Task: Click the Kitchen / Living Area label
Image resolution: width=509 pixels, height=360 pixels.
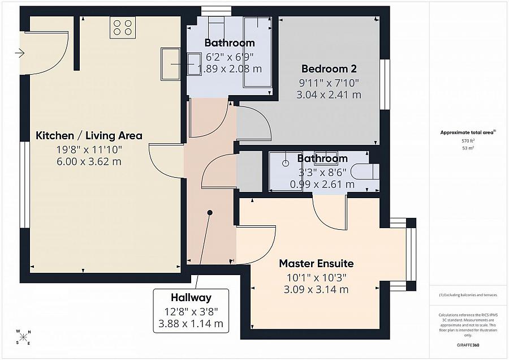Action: pos(89,135)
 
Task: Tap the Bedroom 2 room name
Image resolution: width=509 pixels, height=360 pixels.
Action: pos(329,68)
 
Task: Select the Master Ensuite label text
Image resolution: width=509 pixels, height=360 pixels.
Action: pos(316,263)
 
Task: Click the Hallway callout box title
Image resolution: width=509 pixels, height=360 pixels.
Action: pos(191,297)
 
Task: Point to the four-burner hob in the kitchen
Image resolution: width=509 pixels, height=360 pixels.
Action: pos(123,28)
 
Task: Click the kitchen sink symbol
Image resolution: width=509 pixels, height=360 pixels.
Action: pos(170,64)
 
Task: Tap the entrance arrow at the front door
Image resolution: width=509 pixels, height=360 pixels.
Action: pos(20,53)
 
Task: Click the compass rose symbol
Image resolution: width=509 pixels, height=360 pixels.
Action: pos(23,337)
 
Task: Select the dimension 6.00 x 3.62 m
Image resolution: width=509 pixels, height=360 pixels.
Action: pos(89,161)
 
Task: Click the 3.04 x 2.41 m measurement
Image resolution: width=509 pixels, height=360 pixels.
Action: pos(329,95)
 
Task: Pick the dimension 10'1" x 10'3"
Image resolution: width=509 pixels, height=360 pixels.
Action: pos(316,277)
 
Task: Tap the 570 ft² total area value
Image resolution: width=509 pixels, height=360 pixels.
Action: pos(468,141)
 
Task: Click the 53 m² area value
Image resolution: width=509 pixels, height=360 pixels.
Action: pos(468,148)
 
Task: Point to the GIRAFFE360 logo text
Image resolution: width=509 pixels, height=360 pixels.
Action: pos(468,345)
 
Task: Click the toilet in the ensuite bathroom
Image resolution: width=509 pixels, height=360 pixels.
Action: pos(365,171)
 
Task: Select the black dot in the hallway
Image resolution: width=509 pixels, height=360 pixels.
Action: pos(210,213)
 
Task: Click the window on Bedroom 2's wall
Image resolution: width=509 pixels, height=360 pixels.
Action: pos(385,84)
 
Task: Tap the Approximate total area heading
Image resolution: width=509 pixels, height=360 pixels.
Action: pos(468,132)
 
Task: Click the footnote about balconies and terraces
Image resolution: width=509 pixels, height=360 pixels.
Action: pos(468,295)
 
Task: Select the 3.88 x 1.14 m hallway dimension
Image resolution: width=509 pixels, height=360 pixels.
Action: pos(191,324)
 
